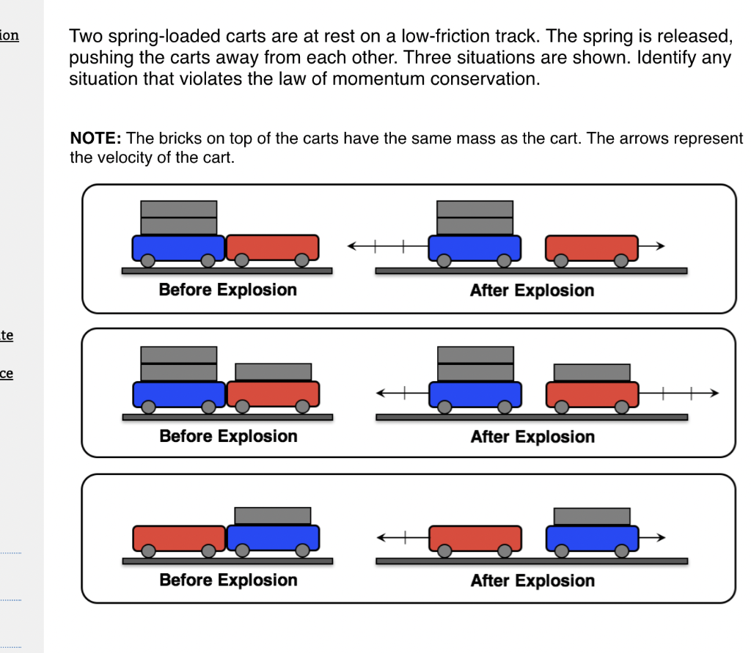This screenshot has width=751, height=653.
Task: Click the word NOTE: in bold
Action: pos(95,138)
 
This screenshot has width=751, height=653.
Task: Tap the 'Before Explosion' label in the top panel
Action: pos(228,289)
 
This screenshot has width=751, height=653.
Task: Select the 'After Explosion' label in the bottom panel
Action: pos(532,580)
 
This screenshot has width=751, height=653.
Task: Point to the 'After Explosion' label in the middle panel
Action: pos(532,437)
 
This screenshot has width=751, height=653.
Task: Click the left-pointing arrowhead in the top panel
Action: pos(352,246)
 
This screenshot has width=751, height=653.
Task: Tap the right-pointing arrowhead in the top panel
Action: pos(661,246)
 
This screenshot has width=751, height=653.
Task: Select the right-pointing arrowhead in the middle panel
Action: pos(714,393)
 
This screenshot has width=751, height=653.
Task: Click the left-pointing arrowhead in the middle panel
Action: pos(381,393)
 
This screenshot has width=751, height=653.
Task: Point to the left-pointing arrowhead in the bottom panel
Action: pos(381,538)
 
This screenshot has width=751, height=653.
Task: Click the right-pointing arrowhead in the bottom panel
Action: pos(661,538)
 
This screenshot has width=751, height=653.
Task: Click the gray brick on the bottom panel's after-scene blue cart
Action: pos(592,517)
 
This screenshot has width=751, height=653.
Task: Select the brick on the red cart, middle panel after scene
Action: pos(592,372)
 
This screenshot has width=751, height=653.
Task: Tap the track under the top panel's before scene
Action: pos(227,271)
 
